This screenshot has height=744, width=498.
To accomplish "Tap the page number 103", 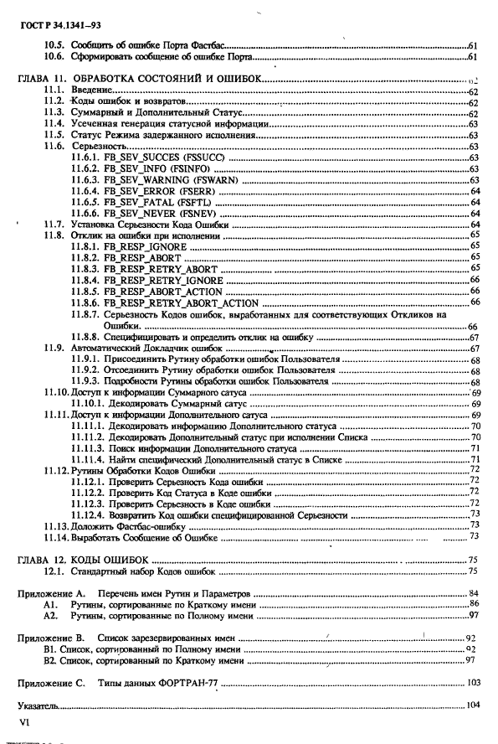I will click(x=473, y=682).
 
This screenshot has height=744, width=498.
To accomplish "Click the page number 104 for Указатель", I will click(x=473, y=705).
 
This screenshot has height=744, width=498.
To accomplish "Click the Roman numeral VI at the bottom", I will click(x=23, y=721).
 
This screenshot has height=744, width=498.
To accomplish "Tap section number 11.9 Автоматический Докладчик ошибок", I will click(x=54, y=348).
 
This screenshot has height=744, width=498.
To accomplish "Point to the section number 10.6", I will click(x=54, y=57).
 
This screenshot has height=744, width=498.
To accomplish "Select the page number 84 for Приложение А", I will click(x=473, y=593).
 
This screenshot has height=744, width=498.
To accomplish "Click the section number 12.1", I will click(x=54, y=571).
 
